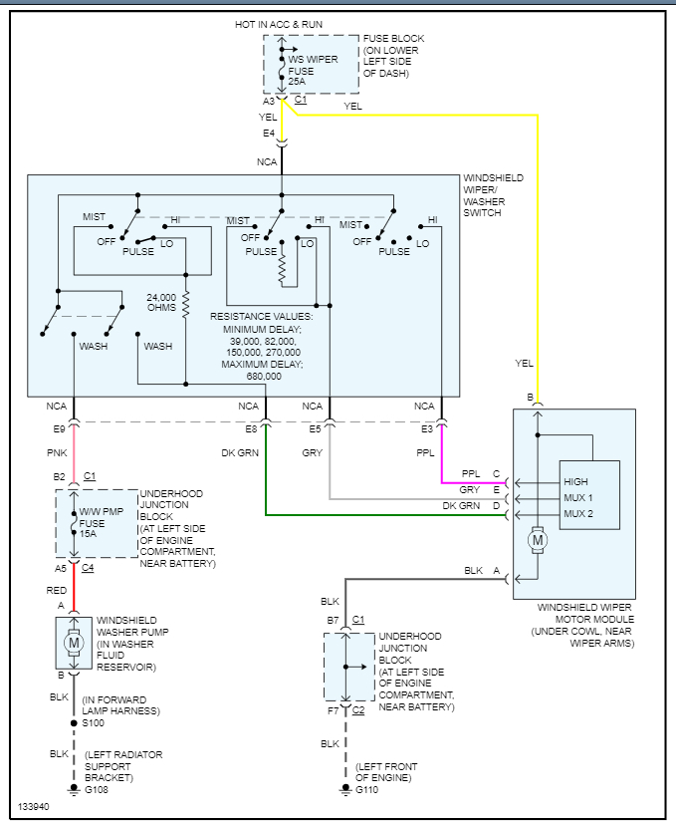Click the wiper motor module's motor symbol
tap(539, 541)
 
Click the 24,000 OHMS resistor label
tap(160, 302)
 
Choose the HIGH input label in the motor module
tap(576, 482)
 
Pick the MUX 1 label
tap(578, 498)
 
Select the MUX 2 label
tap(578, 514)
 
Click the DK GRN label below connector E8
tap(240, 452)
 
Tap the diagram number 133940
tap(32, 806)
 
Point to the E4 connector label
tap(268, 133)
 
